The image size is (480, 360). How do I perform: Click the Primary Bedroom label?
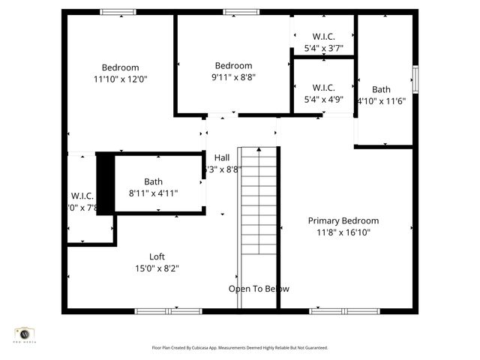[343, 220]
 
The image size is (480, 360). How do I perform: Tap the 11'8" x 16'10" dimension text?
[343, 232]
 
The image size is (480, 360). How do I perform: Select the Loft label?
[157, 256]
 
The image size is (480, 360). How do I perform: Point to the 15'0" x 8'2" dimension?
[157, 268]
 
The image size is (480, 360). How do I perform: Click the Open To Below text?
[259, 289]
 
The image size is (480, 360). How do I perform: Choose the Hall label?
[222, 157]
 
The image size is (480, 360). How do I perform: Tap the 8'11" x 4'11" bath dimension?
[153, 193]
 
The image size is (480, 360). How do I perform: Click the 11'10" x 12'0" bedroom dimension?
[120, 79]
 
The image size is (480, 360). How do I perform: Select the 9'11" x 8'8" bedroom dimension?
[233, 76]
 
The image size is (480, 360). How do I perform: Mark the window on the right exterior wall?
[415, 78]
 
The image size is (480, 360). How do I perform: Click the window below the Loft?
[157, 310]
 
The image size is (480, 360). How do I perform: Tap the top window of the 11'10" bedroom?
[118, 12]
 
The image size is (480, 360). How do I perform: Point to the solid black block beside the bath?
[106, 183]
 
